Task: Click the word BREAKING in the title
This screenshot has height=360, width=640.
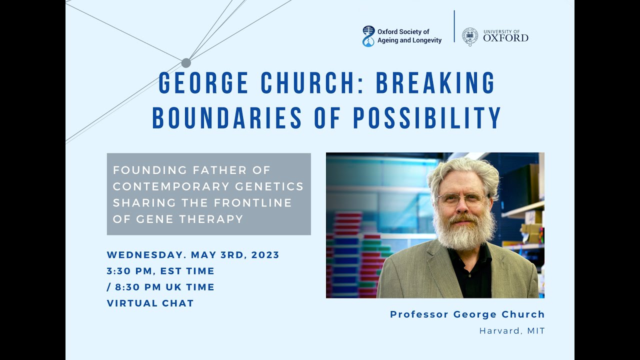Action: click(435, 83)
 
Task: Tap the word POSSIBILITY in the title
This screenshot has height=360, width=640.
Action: click(427, 118)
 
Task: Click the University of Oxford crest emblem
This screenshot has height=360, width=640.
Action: click(470, 37)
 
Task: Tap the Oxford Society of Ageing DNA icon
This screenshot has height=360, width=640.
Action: click(368, 36)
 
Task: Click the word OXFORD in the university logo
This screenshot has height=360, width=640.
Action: click(505, 38)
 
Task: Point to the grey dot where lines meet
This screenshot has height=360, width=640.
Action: click(186, 63)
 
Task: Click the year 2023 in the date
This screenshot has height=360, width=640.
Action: click(265, 255)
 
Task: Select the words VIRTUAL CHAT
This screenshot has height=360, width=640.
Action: click(150, 303)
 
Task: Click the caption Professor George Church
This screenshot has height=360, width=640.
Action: click(467, 314)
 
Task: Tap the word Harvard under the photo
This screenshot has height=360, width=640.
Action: click(498, 331)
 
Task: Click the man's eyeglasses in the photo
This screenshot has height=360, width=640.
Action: click(462, 198)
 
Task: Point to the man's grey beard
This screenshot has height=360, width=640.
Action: click(463, 232)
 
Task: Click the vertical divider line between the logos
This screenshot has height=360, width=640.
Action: click(454, 26)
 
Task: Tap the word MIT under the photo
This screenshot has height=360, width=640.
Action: click(535, 331)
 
